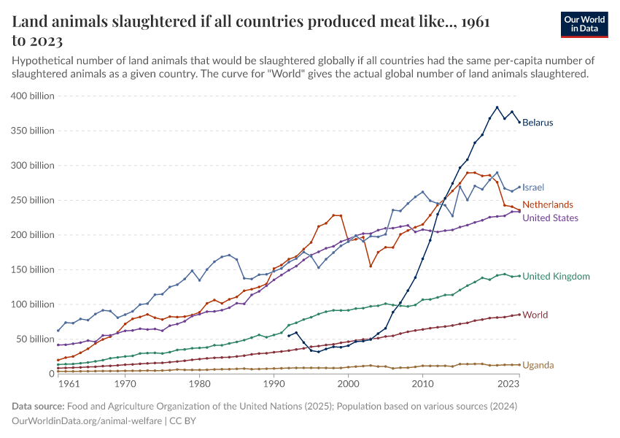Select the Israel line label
coord(533,188)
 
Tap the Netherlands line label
coord(548,205)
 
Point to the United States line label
coord(551,218)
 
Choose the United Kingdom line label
coord(556,277)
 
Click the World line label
coord(535,315)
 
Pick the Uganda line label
coord(538,365)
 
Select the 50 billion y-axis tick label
coord(33,339)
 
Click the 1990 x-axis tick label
coord(274,383)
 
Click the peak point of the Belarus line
coord(497,107)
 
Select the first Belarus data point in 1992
coord(288,336)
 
